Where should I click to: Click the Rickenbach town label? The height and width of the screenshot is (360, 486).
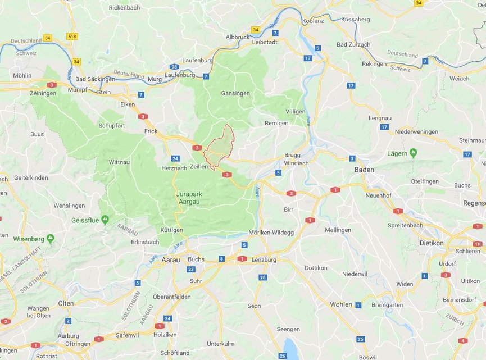[125, 8]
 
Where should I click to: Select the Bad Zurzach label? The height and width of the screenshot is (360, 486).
[353, 44]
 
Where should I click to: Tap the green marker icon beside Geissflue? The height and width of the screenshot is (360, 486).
[105, 220]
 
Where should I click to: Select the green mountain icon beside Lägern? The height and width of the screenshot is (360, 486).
[414, 153]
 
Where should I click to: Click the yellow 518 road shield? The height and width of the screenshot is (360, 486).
[71, 37]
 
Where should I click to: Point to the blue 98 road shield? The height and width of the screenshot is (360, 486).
[175, 67]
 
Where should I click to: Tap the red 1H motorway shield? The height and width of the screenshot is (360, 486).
[478, 244]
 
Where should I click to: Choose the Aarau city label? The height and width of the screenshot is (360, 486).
[170, 260]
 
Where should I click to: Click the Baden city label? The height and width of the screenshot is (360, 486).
[365, 169]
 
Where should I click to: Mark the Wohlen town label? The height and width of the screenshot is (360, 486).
[340, 304]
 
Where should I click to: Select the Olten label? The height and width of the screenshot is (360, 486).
[65, 303]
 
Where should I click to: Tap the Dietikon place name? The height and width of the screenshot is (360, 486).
[432, 243]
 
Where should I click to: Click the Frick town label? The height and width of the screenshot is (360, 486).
[151, 131]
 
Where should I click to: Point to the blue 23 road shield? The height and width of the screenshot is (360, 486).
[191, 270]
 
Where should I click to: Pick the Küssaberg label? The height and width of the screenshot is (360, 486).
[355, 19]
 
